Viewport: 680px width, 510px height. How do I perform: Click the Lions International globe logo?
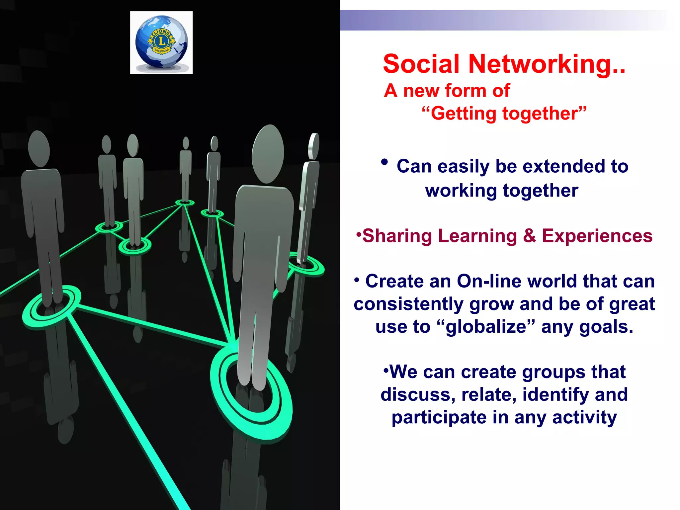tap(161, 42)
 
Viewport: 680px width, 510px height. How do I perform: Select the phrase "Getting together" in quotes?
tap(504, 114)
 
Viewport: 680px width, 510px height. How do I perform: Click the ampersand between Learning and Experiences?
tap(529, 236)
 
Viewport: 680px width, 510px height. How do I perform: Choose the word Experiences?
tap(597, 236)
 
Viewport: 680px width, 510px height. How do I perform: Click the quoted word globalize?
tap(486, 327)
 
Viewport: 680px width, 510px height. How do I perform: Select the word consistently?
tap(408, 304)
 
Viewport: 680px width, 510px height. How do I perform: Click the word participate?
tap(439, 417)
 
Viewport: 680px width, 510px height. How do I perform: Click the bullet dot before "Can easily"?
tap(384, 162)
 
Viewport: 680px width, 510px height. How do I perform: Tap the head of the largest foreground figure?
tap(268, 153)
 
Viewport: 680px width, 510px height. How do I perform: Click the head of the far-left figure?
tap(39, 148)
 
